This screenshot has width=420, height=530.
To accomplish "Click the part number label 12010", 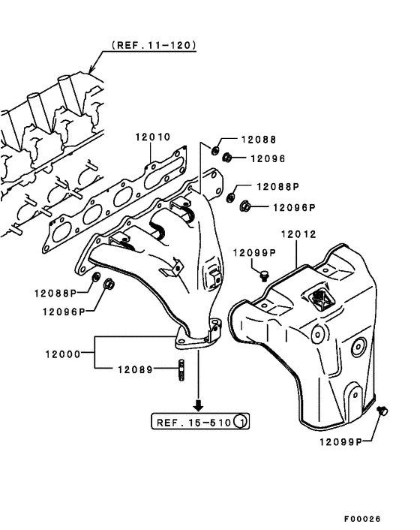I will tap(153, 137).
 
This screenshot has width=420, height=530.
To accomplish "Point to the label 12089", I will tap(134, 369).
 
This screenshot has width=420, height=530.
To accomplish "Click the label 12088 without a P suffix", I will tap(258, 140).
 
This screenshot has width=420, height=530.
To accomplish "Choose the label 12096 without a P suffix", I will tap(268, 158).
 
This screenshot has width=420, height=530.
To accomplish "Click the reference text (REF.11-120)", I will tap(154, 45).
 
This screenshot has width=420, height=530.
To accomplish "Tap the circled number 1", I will tap(240, 423).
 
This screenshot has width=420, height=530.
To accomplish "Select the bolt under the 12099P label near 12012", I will tap(263, 276).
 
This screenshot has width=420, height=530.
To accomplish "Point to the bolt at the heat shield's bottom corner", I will tap(384, 410).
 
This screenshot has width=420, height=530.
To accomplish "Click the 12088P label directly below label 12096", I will tap(278, 186).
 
